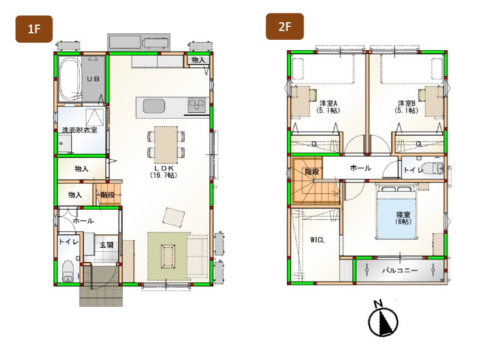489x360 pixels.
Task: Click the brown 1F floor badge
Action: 34,29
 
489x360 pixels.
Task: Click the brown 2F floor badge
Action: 285,26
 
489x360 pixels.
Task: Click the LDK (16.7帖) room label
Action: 163,171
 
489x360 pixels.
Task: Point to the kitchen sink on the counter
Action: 153,106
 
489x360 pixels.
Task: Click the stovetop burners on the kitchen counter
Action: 197,105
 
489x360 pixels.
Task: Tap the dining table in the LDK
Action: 166,144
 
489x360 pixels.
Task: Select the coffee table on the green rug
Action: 168,256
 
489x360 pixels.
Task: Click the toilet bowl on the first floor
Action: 68,271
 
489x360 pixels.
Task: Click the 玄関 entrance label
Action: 106,245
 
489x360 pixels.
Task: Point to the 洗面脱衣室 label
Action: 80,130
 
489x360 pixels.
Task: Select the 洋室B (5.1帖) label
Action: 407,106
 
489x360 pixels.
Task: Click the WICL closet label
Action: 317,240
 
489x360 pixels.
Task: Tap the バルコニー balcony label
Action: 400,270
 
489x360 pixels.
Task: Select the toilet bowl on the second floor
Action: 435,168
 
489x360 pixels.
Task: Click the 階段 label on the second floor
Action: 312,171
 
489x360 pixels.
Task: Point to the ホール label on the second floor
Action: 360,168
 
